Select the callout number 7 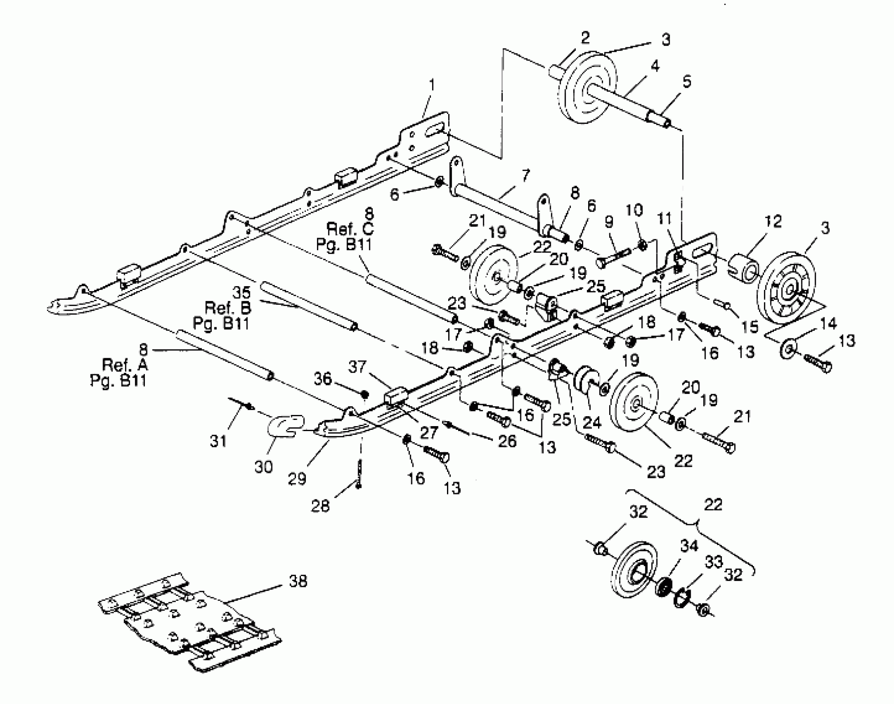pos(524,176)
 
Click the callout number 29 pos(297,479)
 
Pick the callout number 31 pos(218,441)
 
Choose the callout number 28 pos(320,506)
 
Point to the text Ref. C pos(350,228)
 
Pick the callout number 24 pos(591,422)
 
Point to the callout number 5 pos(686,82)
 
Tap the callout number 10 pos(634,210)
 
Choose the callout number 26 pos(507,441)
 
